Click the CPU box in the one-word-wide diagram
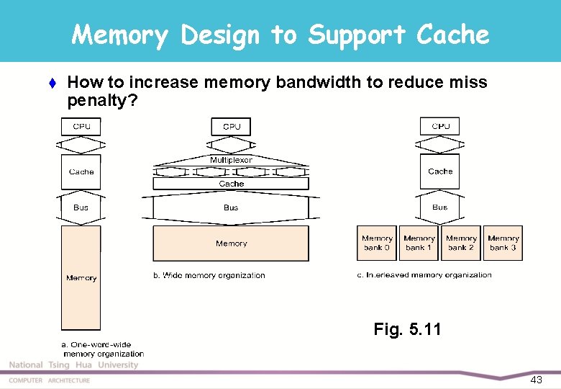coord(81,127)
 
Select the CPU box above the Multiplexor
coord(231,127)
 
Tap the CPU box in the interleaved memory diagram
coord(440,127)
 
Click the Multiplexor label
coord(231,160)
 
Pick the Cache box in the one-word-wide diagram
coord(81,172)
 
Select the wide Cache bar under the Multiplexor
coord(231,184)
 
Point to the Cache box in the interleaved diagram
coord(440,171)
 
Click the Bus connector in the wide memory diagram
coord(231,207)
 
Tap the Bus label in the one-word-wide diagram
coord(81,207)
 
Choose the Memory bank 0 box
coord(377,243)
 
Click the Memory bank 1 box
coord(419,243)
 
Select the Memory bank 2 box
coord(461,243)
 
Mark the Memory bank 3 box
coord(503,243)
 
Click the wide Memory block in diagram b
coord(231,243)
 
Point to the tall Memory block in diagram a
coord(81,277)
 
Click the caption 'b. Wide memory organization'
coord(209,275)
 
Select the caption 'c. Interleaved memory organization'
coord(424,275)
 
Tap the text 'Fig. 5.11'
coord(407,330)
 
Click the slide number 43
coord(536,380)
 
